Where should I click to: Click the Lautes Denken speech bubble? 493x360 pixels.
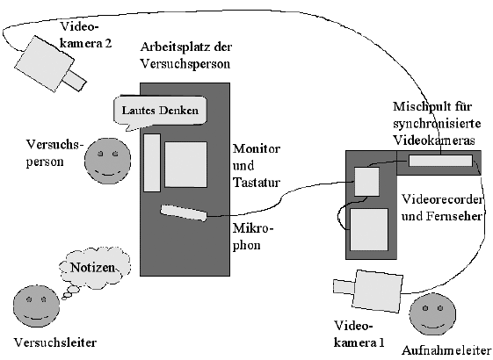(x=160, y=111)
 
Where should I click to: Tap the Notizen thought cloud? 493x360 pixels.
(x=94, y=268)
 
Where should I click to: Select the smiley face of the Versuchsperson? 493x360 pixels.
(x=107, y=161)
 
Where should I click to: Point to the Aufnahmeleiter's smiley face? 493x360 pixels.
(x=432, y=315)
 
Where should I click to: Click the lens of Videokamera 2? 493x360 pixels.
(x=74, y=80)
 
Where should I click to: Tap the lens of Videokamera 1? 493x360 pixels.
(x=344, y=286)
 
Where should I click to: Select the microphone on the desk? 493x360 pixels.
(x=184, y=213)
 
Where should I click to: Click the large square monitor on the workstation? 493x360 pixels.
(x=185, y=164)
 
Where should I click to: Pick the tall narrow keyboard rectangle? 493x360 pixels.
(x=152, y=162)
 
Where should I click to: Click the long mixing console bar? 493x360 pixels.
(x=440, y=161)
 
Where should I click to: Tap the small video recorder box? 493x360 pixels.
(x=367, y=182)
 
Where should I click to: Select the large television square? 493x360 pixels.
(x=369, y=230)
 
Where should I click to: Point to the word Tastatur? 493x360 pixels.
(x=257, y=183)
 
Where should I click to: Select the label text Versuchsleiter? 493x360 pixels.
(x=55, y=342)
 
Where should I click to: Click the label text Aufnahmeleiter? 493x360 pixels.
(x=446, y=350)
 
